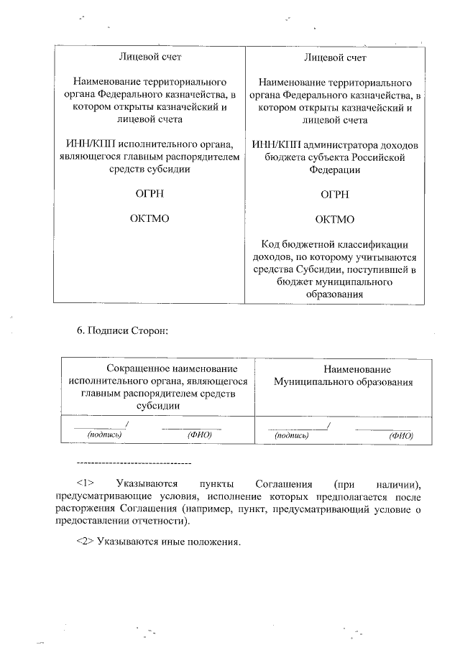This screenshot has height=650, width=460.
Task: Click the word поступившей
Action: coord(379,269)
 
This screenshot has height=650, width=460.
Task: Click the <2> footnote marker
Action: coord(86,540)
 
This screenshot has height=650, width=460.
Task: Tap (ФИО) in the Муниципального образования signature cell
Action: coord(400,435)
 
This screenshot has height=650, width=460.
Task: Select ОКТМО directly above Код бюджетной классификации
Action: coord(335,219)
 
